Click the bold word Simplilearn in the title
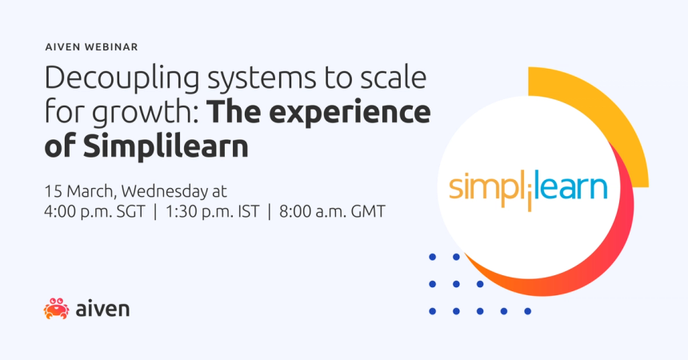(x=182, y=147)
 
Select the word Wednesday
(x=166, y=192)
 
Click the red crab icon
(x=56, y=308)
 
